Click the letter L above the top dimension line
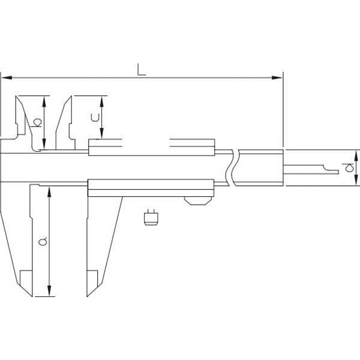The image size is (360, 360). click(x=142, y=70)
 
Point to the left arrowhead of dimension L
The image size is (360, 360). click(x=7, y=77)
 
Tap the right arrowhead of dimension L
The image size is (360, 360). click(x=277, y=77)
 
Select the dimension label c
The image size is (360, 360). click(x=95, y=118)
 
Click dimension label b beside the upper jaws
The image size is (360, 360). click(x=37, y=122)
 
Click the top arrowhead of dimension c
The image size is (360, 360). click(x=102, y=101)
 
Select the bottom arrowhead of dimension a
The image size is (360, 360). click(x=49, y=291)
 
